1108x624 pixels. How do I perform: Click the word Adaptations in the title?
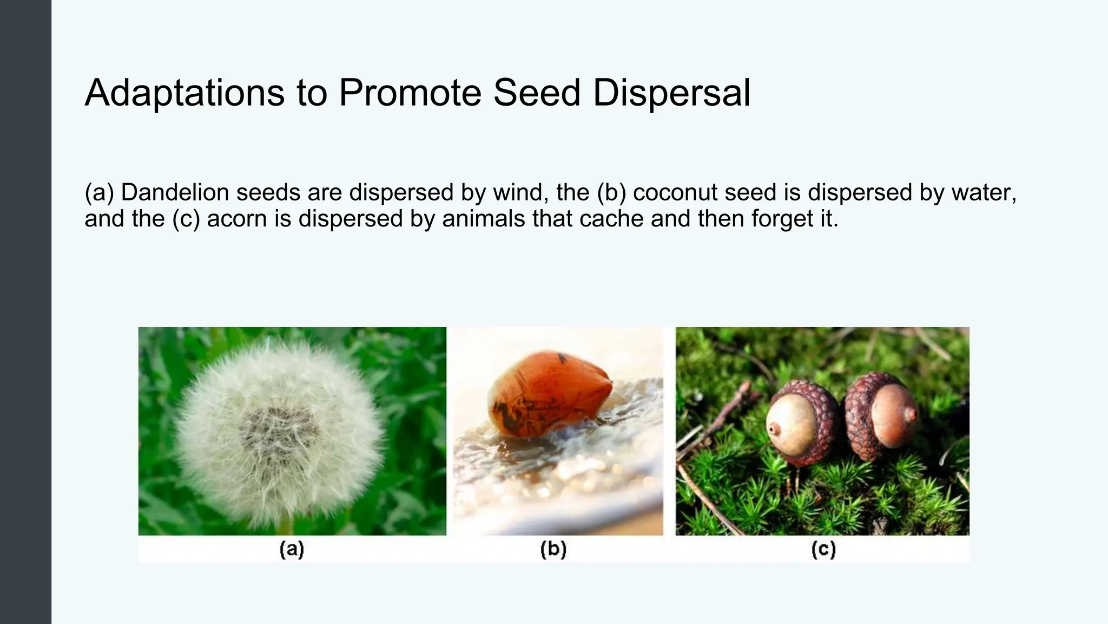click(x=184, y=93)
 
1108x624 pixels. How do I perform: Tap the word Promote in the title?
click(x=410, y=93)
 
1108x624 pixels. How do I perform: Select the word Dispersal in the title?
click(x=671, y=93)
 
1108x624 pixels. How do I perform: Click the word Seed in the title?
click(x=536, y=93)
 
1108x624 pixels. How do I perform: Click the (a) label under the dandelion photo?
click(x=292, y=549)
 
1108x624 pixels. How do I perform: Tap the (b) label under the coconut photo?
click(x=553, y=549)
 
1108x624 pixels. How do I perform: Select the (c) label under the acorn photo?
click(x=823, y=549)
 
